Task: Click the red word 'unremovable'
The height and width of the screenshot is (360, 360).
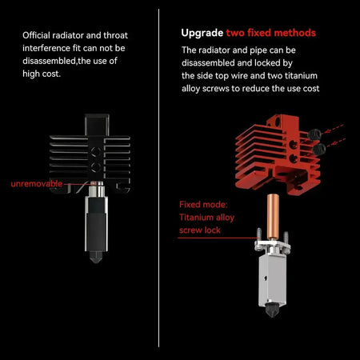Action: click(x=35, y=183)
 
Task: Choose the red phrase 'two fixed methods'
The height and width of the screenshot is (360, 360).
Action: click(x=270, y=33)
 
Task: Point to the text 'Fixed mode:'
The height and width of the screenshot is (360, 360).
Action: click(x=203, y=203)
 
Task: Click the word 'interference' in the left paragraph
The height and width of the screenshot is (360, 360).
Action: click(x=50, y=48)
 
